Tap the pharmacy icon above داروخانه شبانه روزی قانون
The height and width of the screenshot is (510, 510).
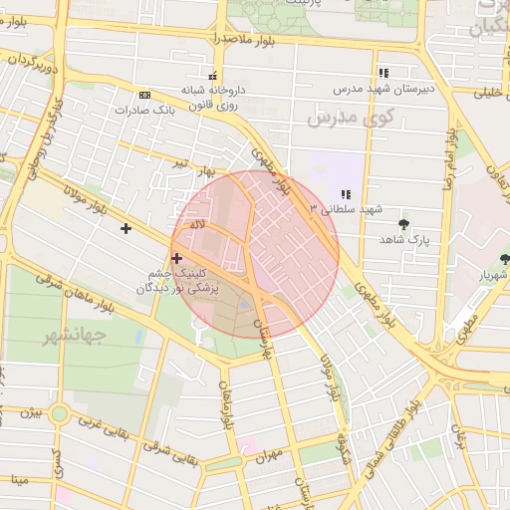[x=211, y=76]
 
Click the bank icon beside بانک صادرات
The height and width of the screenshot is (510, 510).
[x=145, y=95]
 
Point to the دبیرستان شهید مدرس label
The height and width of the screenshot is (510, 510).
[x=411, y=88]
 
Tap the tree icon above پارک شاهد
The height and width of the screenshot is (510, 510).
[x=403, y=224]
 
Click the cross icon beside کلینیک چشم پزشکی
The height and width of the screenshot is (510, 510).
[x=177, y=259]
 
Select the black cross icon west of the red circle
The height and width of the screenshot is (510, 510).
[x=126, y=229]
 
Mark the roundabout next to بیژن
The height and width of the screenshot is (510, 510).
[x=60, y=413]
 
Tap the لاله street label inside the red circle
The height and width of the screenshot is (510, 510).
[x=198, y=226]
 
